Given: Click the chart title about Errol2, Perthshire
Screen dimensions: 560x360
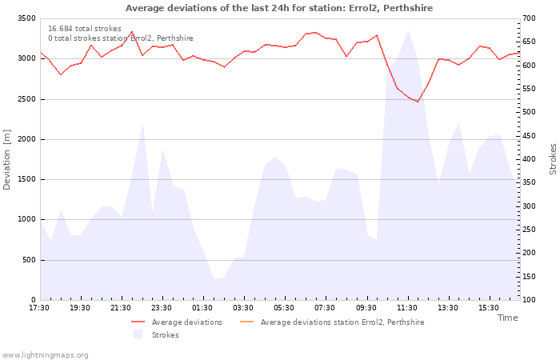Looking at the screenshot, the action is pyautogui.click(x=279, y=8).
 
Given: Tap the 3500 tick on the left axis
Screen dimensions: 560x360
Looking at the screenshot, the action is pyautogui.click(x=26, y=18).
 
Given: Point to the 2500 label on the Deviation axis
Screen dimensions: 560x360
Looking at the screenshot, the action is pyautogui.click(x=26, y=99).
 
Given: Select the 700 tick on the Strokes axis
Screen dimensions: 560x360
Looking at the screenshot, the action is pyautogui.click(x=530, y=18).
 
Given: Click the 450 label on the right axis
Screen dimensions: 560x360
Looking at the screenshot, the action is pyautogui.click(x=530, y=136).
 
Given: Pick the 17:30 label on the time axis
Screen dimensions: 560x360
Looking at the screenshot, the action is pyautogui.click(x=39, y=308).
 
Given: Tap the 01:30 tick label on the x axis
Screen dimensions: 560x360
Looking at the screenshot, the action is pyautogui.click(x=202, y=308).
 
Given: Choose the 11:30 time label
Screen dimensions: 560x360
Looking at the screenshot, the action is pyautogui.click(x=407, y=308).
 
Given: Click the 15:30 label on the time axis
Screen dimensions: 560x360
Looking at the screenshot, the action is pyautogui.click(x=489, y=308).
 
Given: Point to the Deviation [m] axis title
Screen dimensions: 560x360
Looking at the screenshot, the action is pyautogui.click(x=6, y=159).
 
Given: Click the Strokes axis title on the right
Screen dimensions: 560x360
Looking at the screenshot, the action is pyautogui.click(x=553, y=159).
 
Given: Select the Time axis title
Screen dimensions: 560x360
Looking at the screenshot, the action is pyautogui.click(x=507, y=318).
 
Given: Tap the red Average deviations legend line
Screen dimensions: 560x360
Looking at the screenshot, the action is pyautogui.click(x=138, y=322).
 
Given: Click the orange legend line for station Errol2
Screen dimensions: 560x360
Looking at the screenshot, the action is pyautogui.click(x=246, y=322).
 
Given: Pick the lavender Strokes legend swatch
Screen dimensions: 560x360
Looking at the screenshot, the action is pyautogui.click(x=138, y=334).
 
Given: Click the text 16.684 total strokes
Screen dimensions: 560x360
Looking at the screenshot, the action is pyautogui.click(x=85, y=29).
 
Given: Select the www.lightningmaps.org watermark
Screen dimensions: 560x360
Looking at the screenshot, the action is pyautogui.click(x=45, y=355).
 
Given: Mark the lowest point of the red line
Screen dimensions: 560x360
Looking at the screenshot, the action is pyautogui.click(x=418, y=102).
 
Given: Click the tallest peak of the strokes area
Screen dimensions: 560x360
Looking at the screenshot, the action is pyautogui.click(x=408, y=30).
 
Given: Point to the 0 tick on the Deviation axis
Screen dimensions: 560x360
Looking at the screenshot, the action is pyautogui.click(x=34, y=300).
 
